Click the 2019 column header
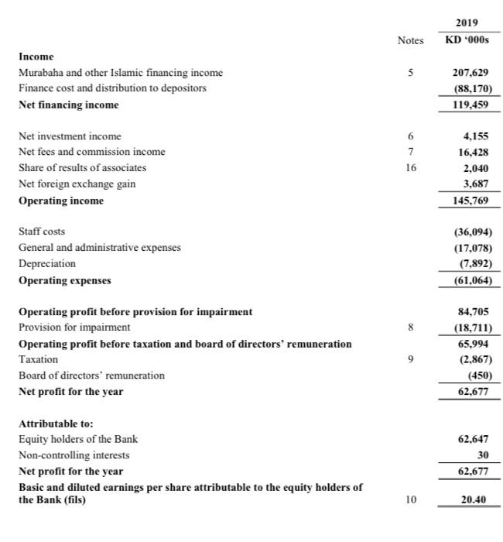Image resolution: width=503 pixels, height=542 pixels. coord(470,23)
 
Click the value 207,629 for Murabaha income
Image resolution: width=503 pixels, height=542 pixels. coord(470,72)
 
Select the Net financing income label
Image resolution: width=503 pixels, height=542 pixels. coord(69,104)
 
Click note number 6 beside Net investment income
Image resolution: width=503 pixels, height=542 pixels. coord(411,135)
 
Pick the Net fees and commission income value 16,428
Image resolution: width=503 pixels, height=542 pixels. coord(473,152)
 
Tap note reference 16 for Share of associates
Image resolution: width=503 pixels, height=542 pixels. coord(411,167)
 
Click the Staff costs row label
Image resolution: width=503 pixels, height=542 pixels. coord(42,232)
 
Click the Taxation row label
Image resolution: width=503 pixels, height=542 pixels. coord(38,359)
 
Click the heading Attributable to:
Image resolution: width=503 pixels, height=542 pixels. coord(56,424)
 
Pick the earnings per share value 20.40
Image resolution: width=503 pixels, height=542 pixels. coord(473,501)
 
